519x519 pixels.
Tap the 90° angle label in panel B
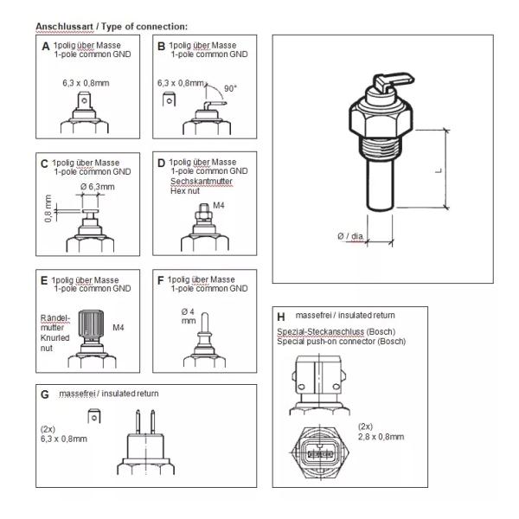pos(231,89)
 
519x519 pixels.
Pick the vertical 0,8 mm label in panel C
pos(48,211)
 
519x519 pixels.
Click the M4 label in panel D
pos(219,205)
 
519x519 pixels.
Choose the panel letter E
pos(44,280)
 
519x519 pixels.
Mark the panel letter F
pos(160,280)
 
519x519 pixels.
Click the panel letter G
pos(45,394)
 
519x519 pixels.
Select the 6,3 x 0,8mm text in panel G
pos(64,439)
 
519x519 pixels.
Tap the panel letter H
pos(280,316)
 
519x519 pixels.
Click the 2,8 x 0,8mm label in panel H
pos(380,437)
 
